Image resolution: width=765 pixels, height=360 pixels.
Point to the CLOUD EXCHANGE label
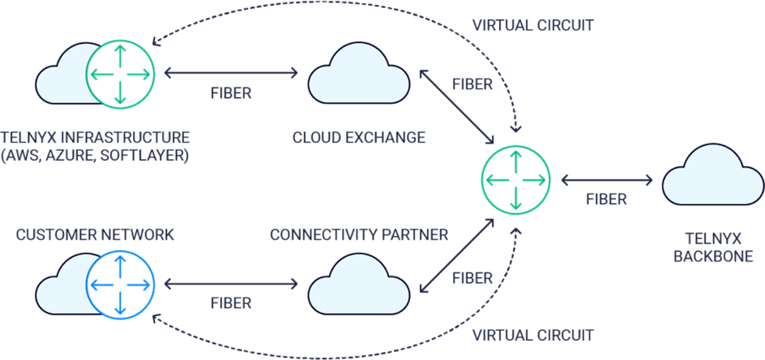coord(359,138)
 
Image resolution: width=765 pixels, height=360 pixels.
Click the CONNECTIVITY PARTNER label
coord(359,235)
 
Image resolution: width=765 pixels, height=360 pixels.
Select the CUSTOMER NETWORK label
coord(95,235)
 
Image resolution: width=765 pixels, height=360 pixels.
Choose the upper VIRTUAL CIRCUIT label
coord(533,25)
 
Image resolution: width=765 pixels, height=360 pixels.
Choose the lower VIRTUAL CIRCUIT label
coord(533,335)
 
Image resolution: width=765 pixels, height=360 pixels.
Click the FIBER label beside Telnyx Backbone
coord(606,199)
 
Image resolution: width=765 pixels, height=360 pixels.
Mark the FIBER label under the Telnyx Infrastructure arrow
coord(231,93)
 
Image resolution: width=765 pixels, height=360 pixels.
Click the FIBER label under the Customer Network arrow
coord(231,303)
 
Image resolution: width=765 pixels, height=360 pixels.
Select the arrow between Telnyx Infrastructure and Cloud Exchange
coord(231,74)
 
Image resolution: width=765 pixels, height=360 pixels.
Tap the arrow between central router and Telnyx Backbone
coord(606,178)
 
